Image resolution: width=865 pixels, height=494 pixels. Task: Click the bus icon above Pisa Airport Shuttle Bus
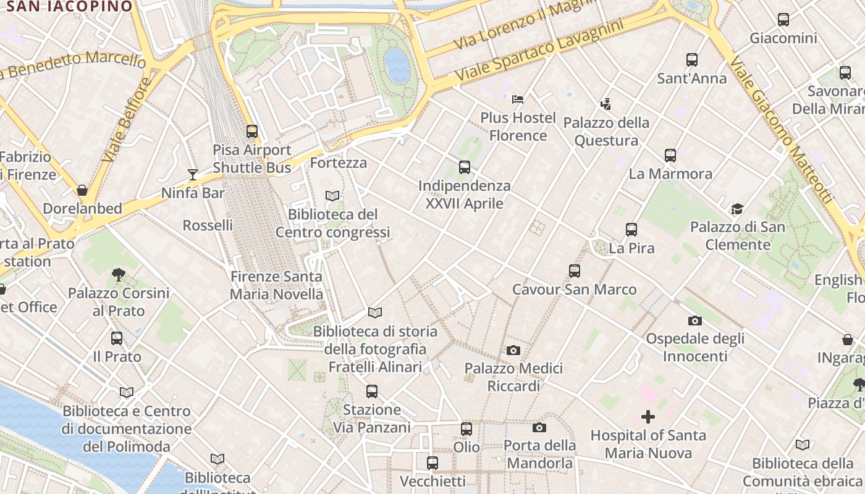pos(252,131)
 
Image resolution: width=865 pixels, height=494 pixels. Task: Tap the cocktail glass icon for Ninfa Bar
pos(193,175)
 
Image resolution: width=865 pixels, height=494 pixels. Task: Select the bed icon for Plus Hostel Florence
pos(518,99)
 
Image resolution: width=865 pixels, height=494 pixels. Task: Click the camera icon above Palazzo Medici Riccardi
pos(513,350)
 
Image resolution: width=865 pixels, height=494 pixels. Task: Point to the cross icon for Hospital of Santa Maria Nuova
pos(648,417)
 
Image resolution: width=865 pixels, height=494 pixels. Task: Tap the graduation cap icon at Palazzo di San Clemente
pos(737,209)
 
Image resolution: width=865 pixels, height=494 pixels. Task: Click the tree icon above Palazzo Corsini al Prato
pos(119,274)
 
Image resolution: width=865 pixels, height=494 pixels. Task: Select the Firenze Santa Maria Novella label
pos(276,285)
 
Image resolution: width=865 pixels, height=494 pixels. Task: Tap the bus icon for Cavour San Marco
pos(575,270)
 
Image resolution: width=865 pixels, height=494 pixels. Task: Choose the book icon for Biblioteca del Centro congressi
pos(332,196)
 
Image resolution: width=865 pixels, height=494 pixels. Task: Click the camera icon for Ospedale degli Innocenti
pos(695,320)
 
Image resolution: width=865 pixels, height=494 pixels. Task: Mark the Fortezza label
pos(339,163)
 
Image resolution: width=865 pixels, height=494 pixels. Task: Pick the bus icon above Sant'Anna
pos(692,60)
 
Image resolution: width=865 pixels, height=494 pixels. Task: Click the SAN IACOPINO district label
pos(69,6)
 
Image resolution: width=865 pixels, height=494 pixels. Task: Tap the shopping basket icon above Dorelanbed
pos(82,190)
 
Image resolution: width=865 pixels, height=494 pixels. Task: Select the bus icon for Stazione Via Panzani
pos(371,391)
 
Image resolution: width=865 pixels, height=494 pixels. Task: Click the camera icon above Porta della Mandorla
pos(539,427)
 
